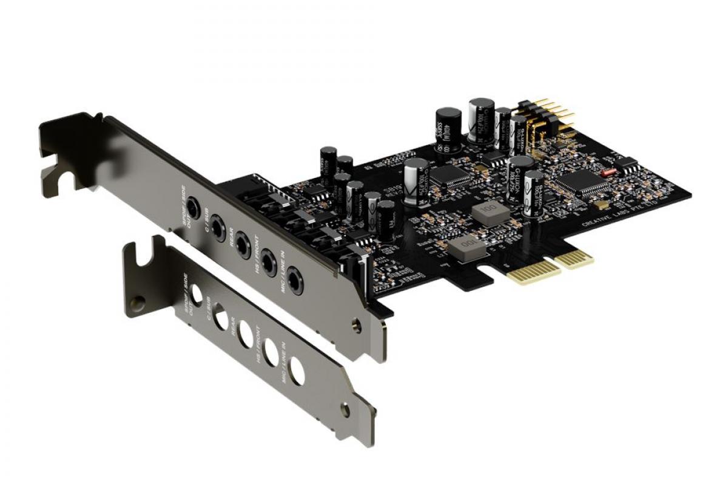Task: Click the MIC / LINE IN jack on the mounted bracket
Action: pyautogui.click(x=295, y=281)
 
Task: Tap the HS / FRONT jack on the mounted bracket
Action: pyautogui.click(x=268, y=263)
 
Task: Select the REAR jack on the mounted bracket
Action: pyautogui.click(x=243, y=245)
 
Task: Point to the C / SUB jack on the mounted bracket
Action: pyautogui.click(x=218, y=228)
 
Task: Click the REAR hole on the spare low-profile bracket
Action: pyautogui.click(x=246, y=334)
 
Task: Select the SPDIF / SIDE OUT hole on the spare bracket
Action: pyautogui.click(x=196, y=295)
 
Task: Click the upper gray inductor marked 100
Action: pyautogui.click(x=487, y=214)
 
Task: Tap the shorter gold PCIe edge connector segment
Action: pyautogui.click(x=574, y=258)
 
